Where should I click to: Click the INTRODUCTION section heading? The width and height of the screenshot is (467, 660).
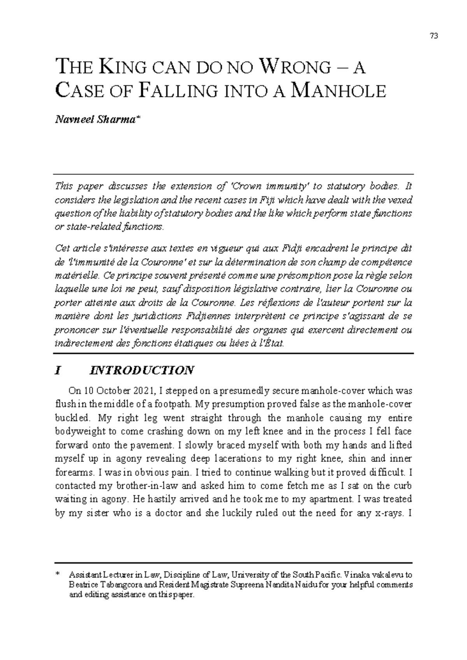142,370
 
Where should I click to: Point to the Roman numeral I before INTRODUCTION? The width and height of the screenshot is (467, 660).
58,370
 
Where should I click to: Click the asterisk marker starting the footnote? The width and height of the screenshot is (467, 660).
58,574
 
